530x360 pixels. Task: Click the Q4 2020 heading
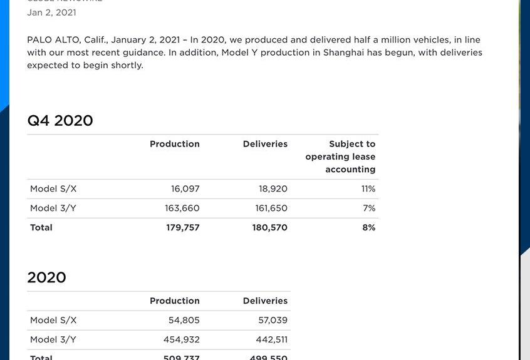[60, 121]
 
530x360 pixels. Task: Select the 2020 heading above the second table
[46, 278]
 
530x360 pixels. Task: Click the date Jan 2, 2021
[51, 13]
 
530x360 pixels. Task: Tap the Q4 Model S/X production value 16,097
[185, 189]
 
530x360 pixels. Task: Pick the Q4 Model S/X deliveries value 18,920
[273, 189]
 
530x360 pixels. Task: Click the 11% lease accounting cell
[368, 189]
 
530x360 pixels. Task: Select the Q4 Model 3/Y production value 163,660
[182, 208]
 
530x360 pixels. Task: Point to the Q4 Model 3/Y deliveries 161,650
[271, 208]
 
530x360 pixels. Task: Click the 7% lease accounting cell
[369, 208]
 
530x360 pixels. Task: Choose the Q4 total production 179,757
[182, 228]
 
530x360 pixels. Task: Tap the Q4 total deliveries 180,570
[269, 228]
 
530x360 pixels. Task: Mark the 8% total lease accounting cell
[368, 228]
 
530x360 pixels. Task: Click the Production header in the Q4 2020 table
[174, 144]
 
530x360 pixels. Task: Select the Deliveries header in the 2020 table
[265, 301]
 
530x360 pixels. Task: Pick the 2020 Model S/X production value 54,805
[184, 321]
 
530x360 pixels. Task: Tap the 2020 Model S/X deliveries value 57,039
[273, 321]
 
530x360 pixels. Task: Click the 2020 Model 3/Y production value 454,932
[182, 340]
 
